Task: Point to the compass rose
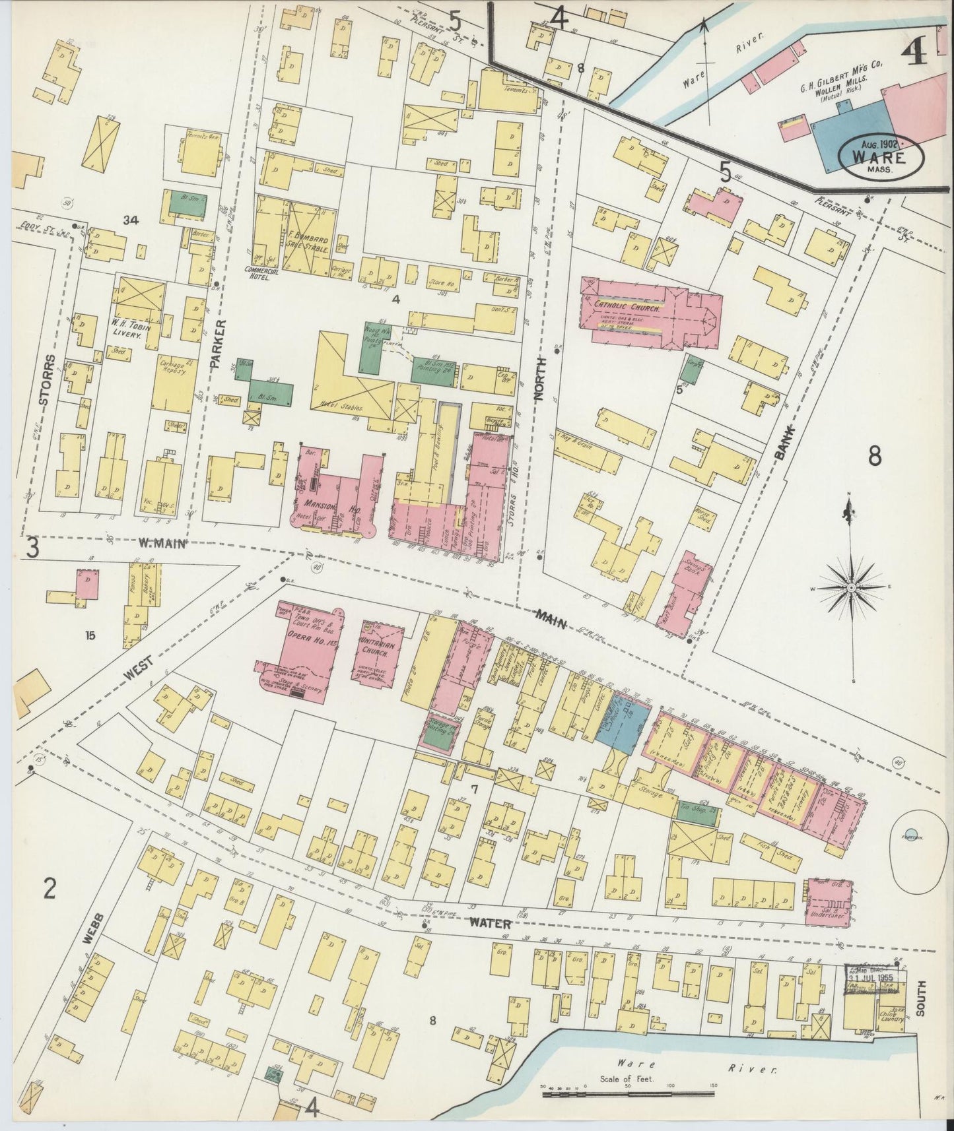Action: click(852, 587)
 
